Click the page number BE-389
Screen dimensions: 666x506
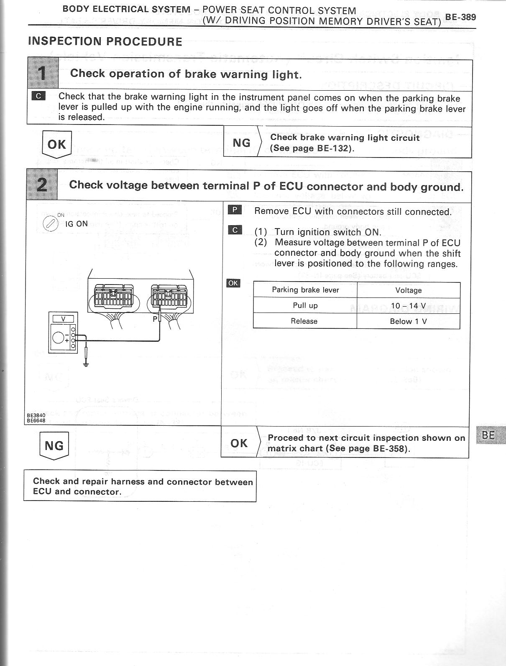pos(460,17)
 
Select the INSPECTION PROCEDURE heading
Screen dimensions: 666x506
pos(105,41)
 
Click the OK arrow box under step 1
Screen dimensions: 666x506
pos(57,145)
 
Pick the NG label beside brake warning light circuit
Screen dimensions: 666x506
pos(241,143)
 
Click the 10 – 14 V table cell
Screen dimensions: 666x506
pos(408,306)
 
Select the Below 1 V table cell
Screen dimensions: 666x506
pos(408,321)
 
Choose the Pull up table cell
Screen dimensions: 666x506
pos(305,306)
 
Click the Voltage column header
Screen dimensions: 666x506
pos(408,290)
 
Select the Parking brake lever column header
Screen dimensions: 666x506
pos(305,290)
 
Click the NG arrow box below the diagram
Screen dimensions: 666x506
pos(54,446)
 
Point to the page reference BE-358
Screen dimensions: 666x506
pos(389,449)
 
